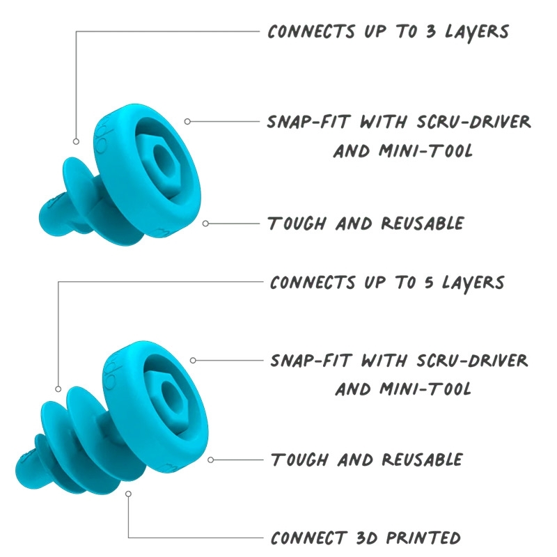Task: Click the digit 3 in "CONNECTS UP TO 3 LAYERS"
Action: pyautogui.click(x=420, y=32)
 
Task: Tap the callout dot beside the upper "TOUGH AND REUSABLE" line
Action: pyautogui.click(x=206, y=223)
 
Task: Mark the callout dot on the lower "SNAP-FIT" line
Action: pyautogui.click(x=193, y=361)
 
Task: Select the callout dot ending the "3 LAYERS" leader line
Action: pyautogui.click(x=76, y=141)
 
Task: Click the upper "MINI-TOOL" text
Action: pyautogui.click(x=402, y=150)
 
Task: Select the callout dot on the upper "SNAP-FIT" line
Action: pyautogui.click(x=187, y=121)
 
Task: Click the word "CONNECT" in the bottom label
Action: pyautogui.click(x=308, y=538)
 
